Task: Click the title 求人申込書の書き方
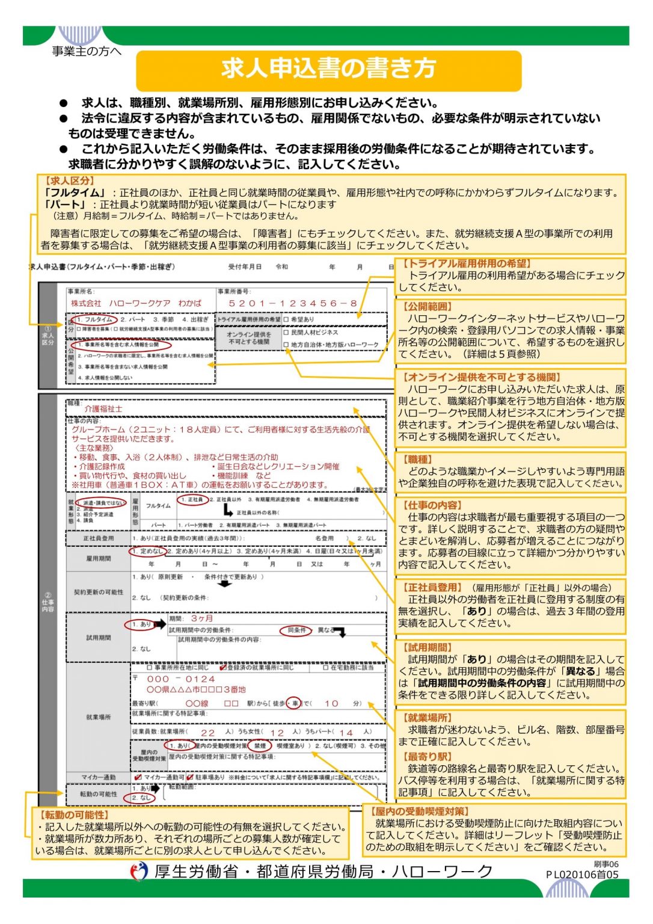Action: pos(328,69)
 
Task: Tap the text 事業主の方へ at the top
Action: pos(87,52)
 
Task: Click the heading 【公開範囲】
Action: pos(429,306)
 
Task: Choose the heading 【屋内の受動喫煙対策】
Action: pos(420,811)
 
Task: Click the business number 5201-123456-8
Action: pos(293,304)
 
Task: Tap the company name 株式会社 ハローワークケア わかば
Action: pos(136,303)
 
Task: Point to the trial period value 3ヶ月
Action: pos(202,618)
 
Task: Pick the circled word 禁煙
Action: pos(260,745)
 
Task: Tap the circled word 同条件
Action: pos(296,630)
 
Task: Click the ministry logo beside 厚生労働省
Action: pos(139,871)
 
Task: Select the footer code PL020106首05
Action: pos(582,874)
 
